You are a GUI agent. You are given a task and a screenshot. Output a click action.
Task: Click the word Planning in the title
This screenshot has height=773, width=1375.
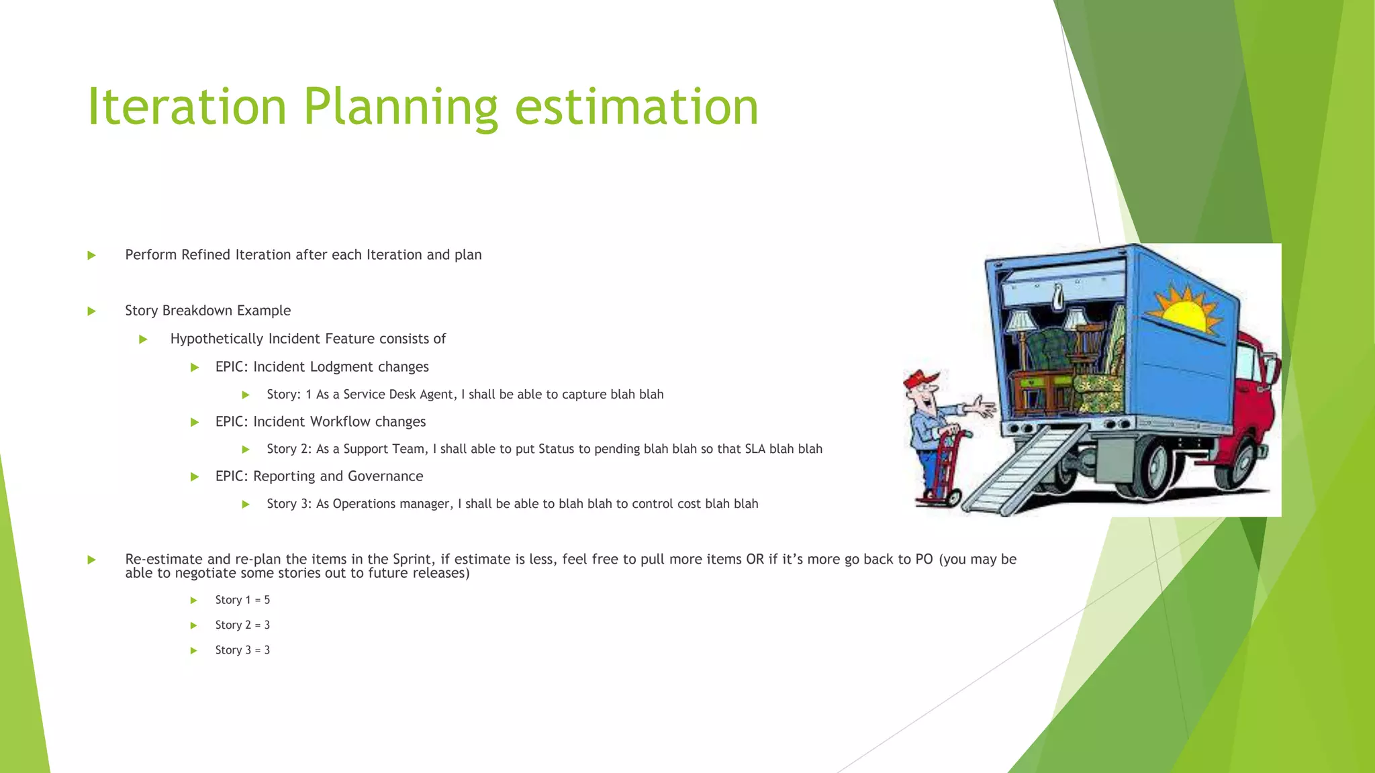pyautogui.click(x=400, y=107)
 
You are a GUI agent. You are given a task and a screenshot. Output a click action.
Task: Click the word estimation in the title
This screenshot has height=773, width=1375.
pyautogui.click(x=636, y=107)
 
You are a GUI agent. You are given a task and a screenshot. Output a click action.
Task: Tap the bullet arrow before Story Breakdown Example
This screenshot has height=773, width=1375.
pyautogui.click(x=92, y=311)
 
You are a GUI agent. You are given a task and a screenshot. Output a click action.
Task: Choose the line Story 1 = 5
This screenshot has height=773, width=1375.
pyautogui.click(x=242, y=600)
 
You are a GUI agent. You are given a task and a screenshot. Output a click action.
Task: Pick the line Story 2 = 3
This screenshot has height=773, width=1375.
pyautogui.click(x=242, y=625)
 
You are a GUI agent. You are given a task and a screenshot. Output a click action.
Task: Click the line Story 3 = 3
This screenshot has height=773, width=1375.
pyautogui.click(x=242, y=650)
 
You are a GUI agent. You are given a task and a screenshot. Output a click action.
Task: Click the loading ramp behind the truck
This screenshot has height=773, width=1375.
pyautogui.click(x=1021, y=470)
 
